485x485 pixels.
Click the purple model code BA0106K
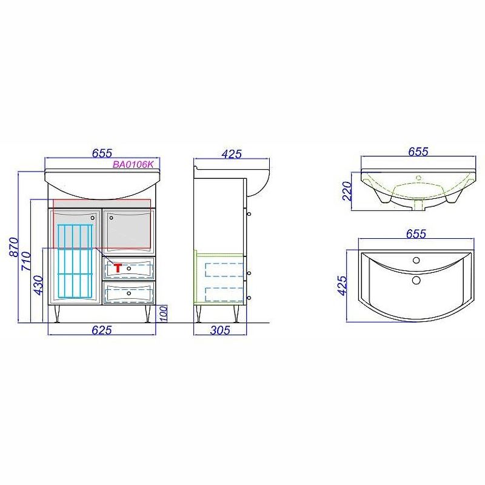[x=133, y=164]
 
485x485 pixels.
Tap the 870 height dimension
[x=14, y=247]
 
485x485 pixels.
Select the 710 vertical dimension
[x=26, y=261]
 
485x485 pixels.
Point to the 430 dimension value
[x=38, y=285]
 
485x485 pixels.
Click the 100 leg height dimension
[x=164, y=313]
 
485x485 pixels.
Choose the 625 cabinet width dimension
[x=101, y=330]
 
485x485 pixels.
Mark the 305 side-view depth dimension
[x=220, y=330]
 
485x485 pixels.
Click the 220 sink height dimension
[x=347, y=191]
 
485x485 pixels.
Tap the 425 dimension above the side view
[x=232, y=154]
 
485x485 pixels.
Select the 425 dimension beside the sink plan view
[x=343, y=286]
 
